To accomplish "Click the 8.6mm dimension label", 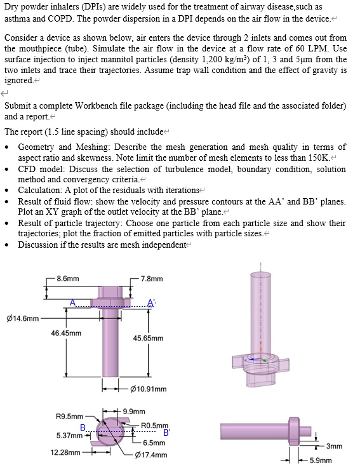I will pos(68,278).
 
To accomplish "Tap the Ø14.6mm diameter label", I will pos(22,318).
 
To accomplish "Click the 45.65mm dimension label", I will pos(149,339).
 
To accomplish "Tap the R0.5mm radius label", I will pos(155,425).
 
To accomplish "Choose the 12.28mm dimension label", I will pos(65,453).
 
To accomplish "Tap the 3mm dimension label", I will pos(335,446).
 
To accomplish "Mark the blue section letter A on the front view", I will pos(73,302).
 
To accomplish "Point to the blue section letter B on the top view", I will pos(83,427).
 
